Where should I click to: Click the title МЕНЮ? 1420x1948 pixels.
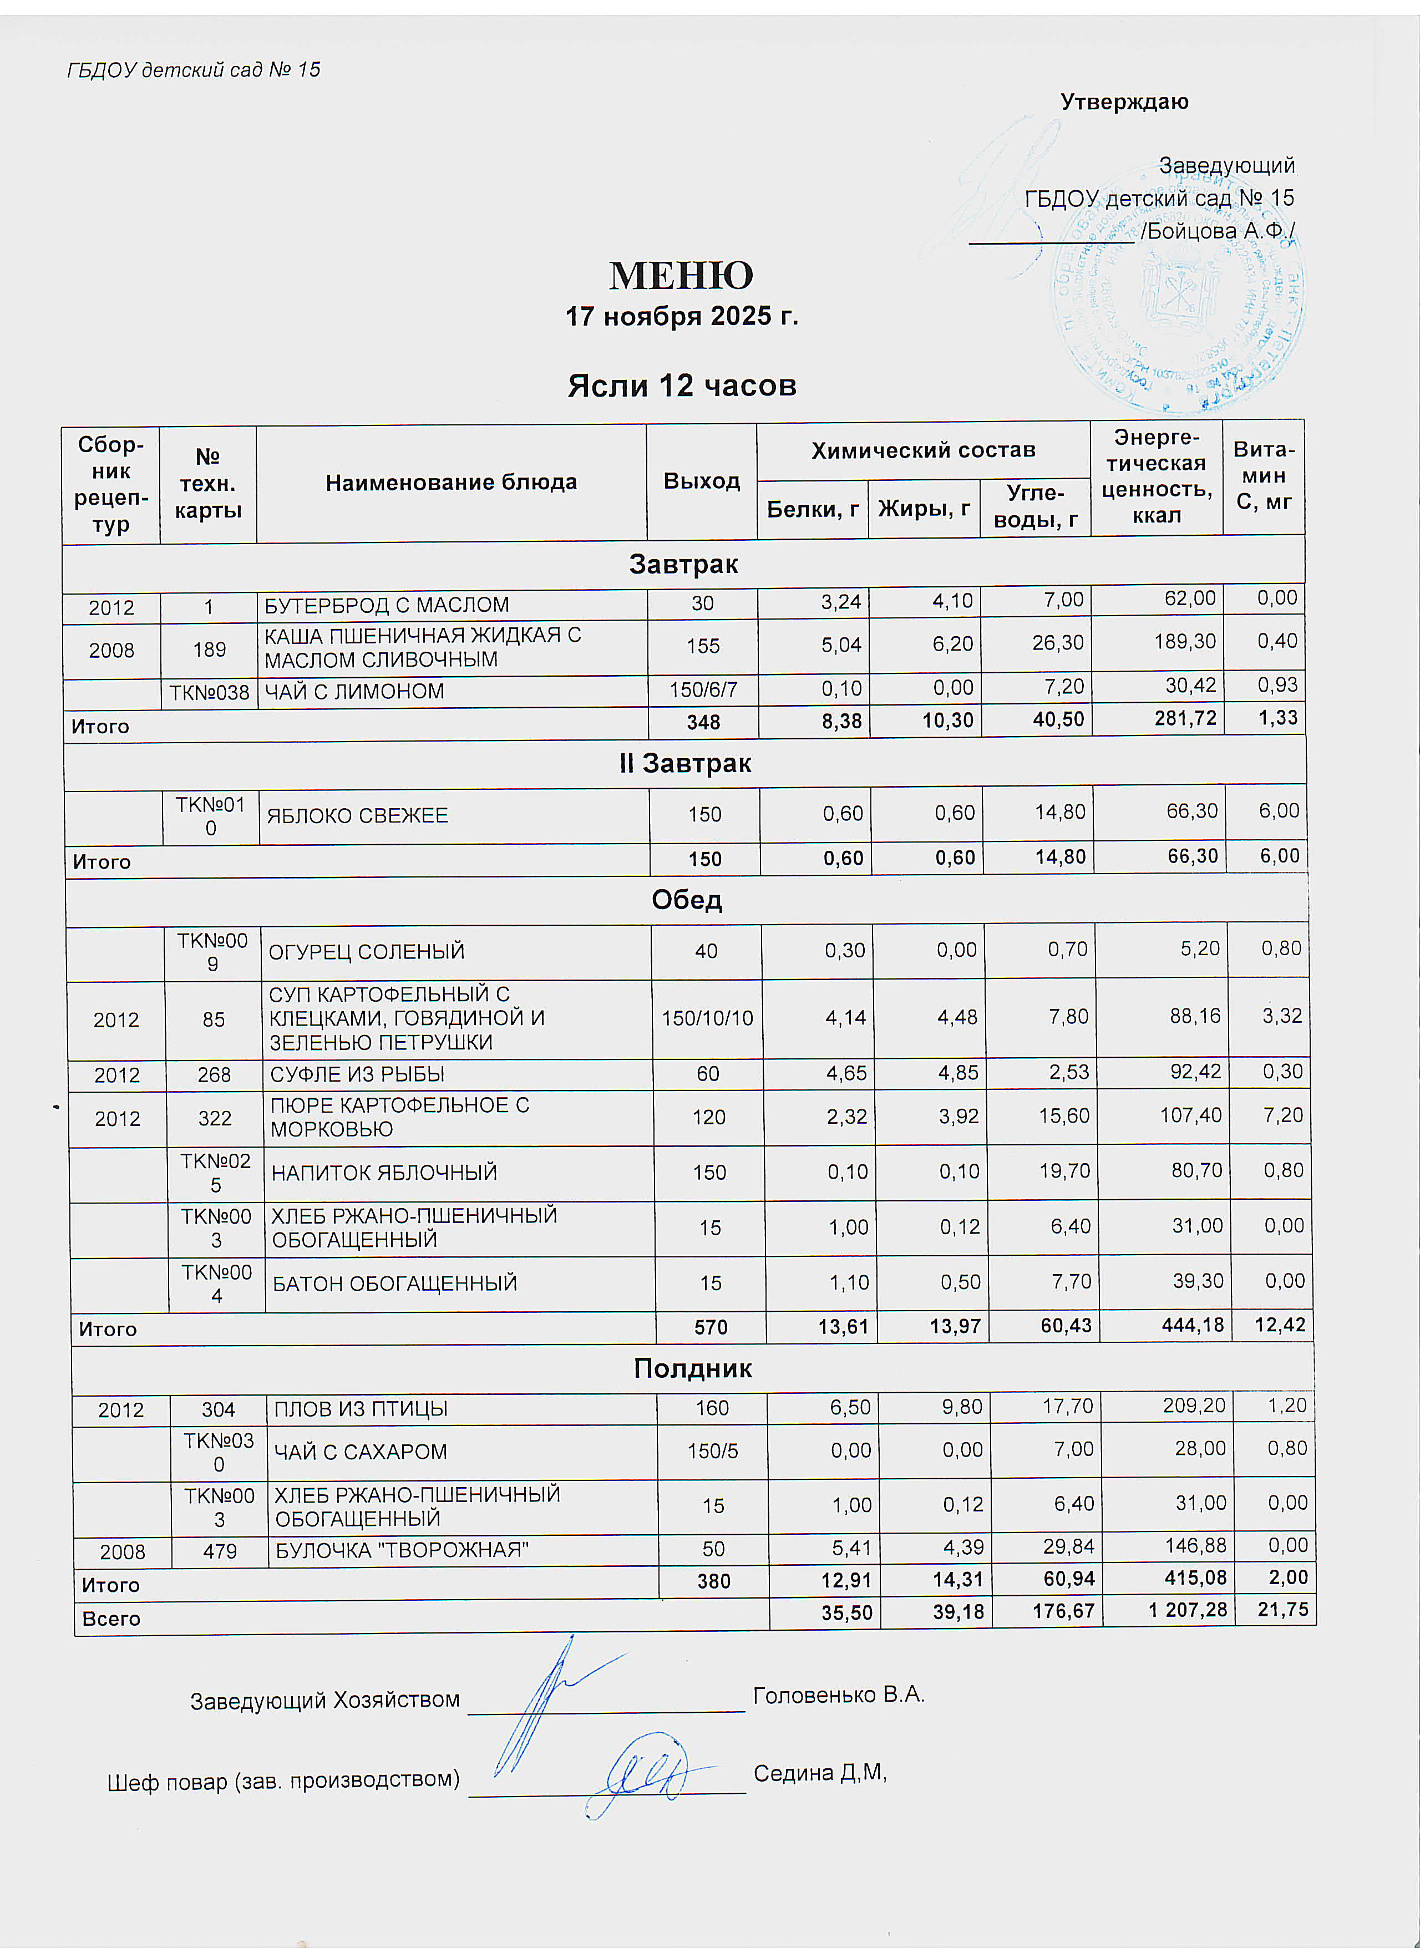[x=681, y=276]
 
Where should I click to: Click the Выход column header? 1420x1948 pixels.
[x=702, y=481]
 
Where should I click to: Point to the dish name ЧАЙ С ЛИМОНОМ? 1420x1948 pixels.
[x=354, y=692]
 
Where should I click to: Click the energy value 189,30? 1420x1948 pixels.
[x=1185, y=642]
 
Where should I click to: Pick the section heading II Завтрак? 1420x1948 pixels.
[x=685, y=763]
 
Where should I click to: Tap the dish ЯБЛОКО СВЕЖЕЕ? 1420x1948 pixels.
[x=358, y=815]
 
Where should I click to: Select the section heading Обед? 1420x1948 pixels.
[x=687, y=900]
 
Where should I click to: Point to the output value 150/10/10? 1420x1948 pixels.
[x=707, y=1018]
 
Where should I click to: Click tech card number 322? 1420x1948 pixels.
[x=215, y=1118]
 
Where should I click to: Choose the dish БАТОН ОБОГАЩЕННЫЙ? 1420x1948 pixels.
[x=394, y=1283]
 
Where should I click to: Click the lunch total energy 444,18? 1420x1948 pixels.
[x=1192, y=1325]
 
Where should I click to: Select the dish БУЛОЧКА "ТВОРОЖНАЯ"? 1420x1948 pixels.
[x=402, y=1550]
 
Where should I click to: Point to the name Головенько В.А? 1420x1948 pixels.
[x=838, y=1695]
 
